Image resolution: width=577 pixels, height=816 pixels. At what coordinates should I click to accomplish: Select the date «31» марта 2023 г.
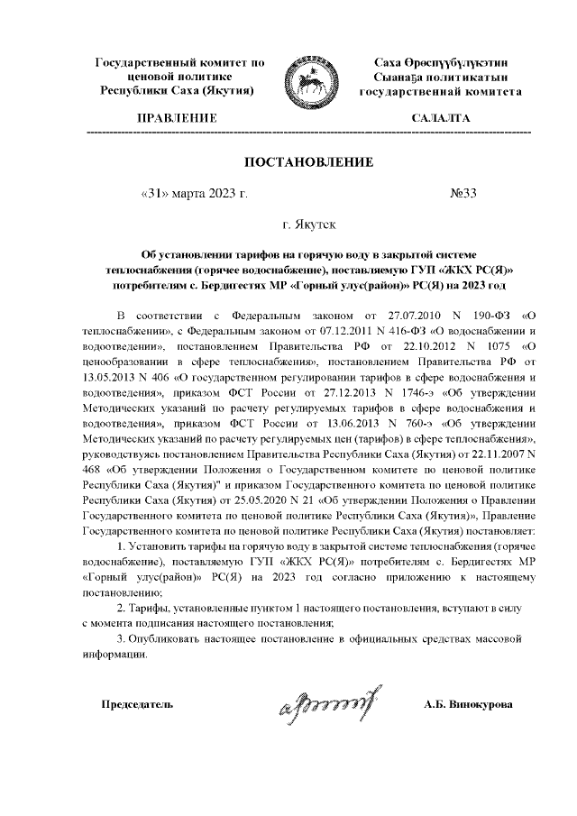pyautogui.click(x=195, y=194)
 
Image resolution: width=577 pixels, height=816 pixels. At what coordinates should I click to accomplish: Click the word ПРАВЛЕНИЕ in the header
pyautogui.click(x=176, y=119)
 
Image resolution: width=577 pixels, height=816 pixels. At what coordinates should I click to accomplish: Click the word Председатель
pyautogui.click(x=137, y=703)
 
